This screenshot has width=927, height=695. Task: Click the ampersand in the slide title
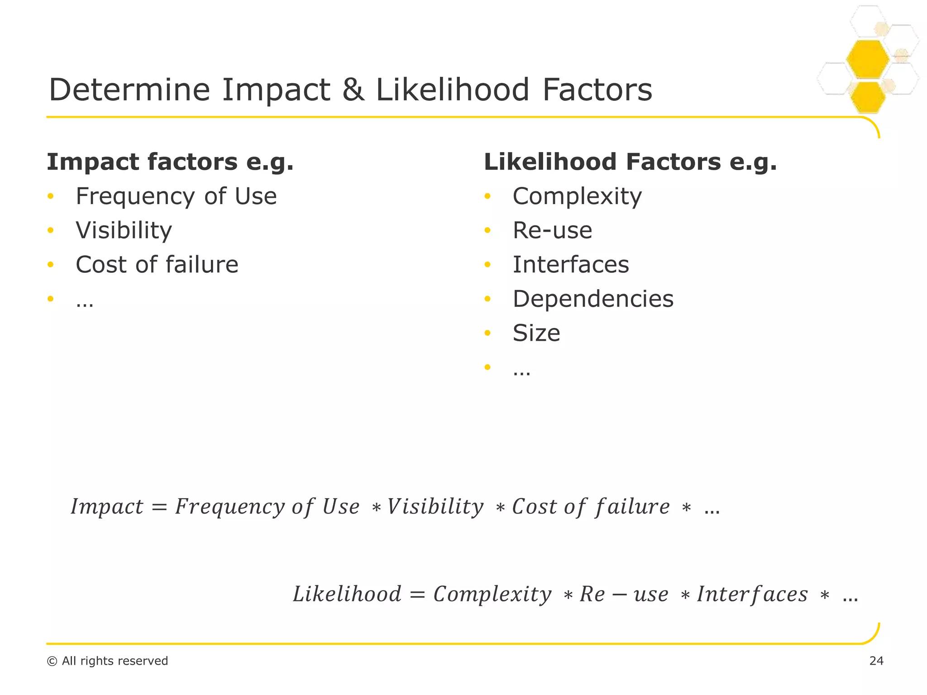coord(353,90)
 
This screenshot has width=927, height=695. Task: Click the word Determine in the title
coord(129,90)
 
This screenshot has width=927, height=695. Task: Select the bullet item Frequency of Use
coord(176,196)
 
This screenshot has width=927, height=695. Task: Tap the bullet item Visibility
coord(124,230)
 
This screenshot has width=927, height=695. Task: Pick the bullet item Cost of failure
coord(157,265)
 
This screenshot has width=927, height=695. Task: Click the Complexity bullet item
coord(577,196)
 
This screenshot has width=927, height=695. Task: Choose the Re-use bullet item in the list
coord(552,230)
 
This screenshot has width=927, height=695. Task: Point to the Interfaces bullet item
coord(571,265)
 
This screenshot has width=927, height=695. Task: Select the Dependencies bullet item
coord(593,299)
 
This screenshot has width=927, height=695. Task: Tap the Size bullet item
coord(536,333)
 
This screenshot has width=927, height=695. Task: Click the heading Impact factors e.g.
coord(170,162)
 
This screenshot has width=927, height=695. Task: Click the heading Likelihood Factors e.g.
coord(630,162)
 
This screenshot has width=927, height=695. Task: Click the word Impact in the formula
coord(107,507)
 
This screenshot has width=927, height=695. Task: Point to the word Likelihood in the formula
coord(347,594)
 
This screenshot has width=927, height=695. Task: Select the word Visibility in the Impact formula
coord(435,507)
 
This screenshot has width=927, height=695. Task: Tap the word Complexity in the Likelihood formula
coord(492,594)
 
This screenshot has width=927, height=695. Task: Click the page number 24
coord(876,661)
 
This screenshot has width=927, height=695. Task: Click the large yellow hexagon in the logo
coord(867,59)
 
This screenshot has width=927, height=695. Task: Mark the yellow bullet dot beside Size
coord(487,333)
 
